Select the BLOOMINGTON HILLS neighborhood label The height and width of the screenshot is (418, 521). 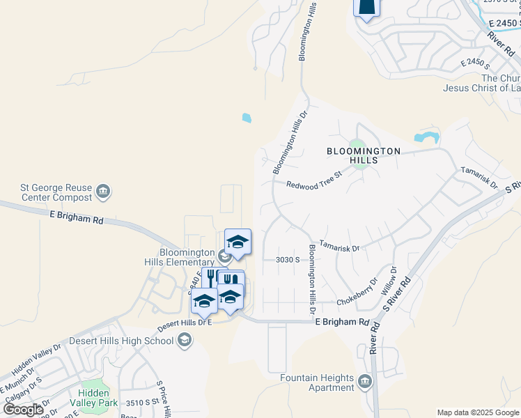[364, 155]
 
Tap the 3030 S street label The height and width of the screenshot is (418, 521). [287, 260]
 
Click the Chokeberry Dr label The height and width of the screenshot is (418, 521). [356, 301]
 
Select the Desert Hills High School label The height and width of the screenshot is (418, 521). [121, 341]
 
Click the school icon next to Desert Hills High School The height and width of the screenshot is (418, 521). [185, 340]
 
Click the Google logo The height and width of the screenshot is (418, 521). [24, 409]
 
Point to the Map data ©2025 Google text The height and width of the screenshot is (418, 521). [478, 412]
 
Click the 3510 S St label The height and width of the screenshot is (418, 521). [141, 403]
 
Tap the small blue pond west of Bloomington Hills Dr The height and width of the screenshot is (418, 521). [247, 118]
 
